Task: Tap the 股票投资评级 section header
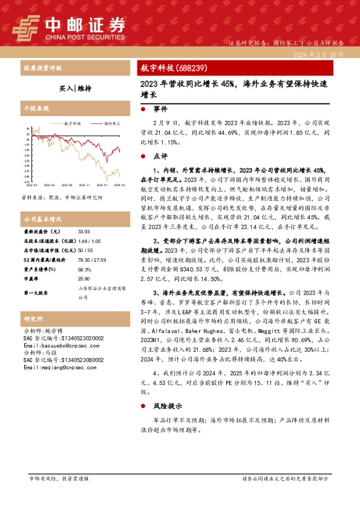(44, 68)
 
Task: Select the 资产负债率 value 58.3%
(85, 269)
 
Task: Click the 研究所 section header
(33, 318)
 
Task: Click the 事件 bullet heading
(160, 109)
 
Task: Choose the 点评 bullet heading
(160, 155)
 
